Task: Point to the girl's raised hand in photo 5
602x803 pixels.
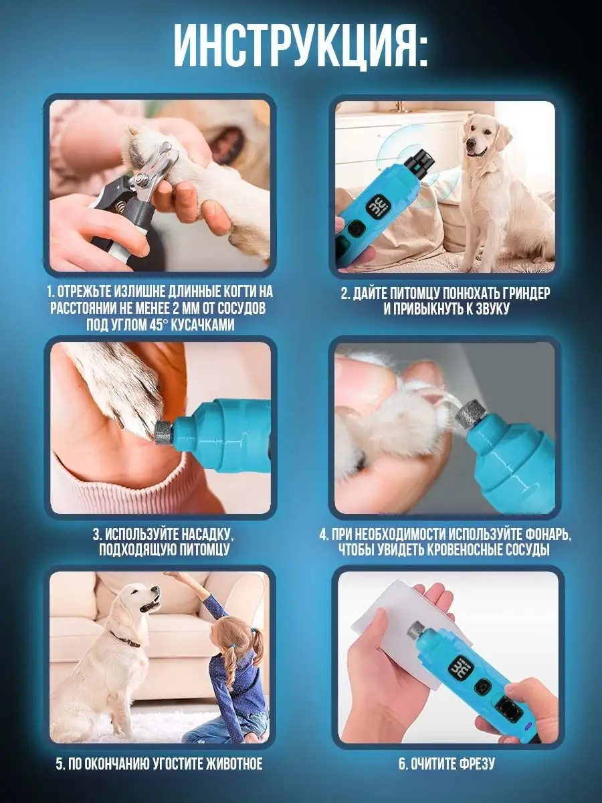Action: tap(172, 577)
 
